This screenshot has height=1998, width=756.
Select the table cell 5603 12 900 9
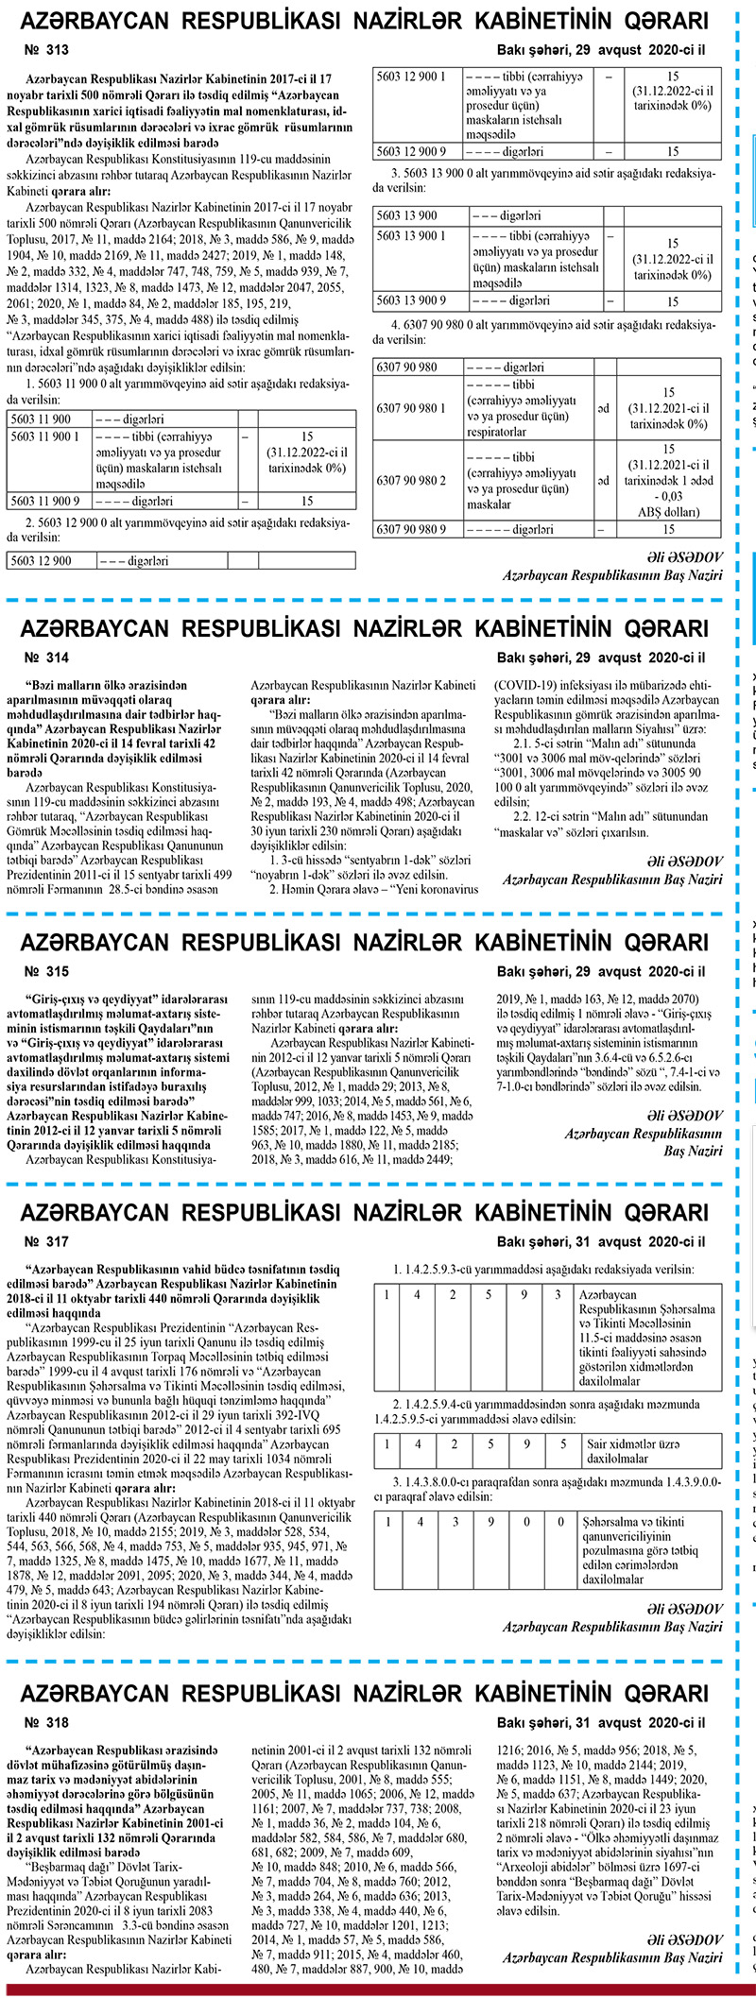click(x=416, y=151)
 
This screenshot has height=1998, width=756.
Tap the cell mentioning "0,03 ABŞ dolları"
click(x=669, y=481)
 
